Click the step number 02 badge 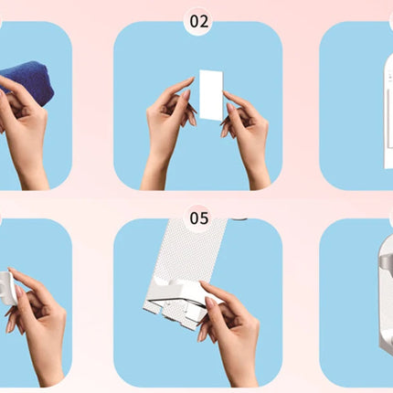coord(199,21)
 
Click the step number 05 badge coord(199,218)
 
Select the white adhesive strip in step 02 coord(212,95)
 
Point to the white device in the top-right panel coord(388,112)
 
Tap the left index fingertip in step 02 coord(191,79)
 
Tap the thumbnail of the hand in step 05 coord(211,303)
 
